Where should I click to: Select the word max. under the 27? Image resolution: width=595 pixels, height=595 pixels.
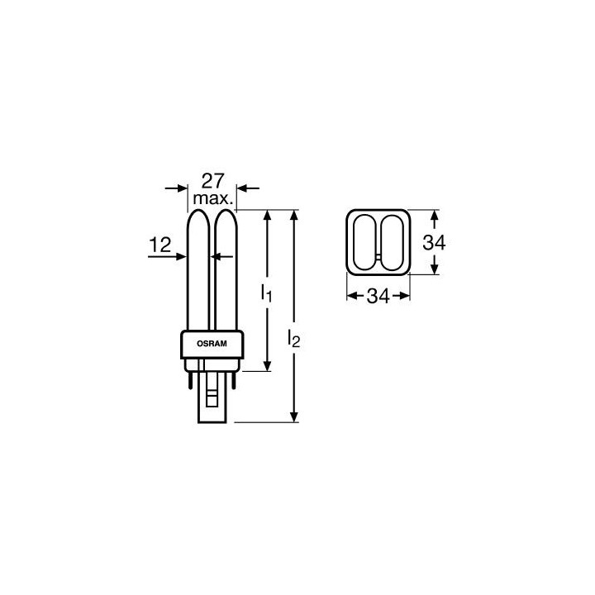coord(212,201)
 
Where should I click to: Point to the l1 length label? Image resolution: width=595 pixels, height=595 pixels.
coord(265,293)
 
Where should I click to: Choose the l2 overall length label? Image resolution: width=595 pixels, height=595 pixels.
coord(294,338)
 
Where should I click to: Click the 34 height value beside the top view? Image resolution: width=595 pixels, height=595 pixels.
coord(435,242)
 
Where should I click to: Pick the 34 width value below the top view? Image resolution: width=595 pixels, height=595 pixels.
coord(378,297)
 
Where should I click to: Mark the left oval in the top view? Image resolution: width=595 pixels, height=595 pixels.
coord(364,241)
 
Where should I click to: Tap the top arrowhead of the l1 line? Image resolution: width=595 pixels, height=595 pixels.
coord(266,214)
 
